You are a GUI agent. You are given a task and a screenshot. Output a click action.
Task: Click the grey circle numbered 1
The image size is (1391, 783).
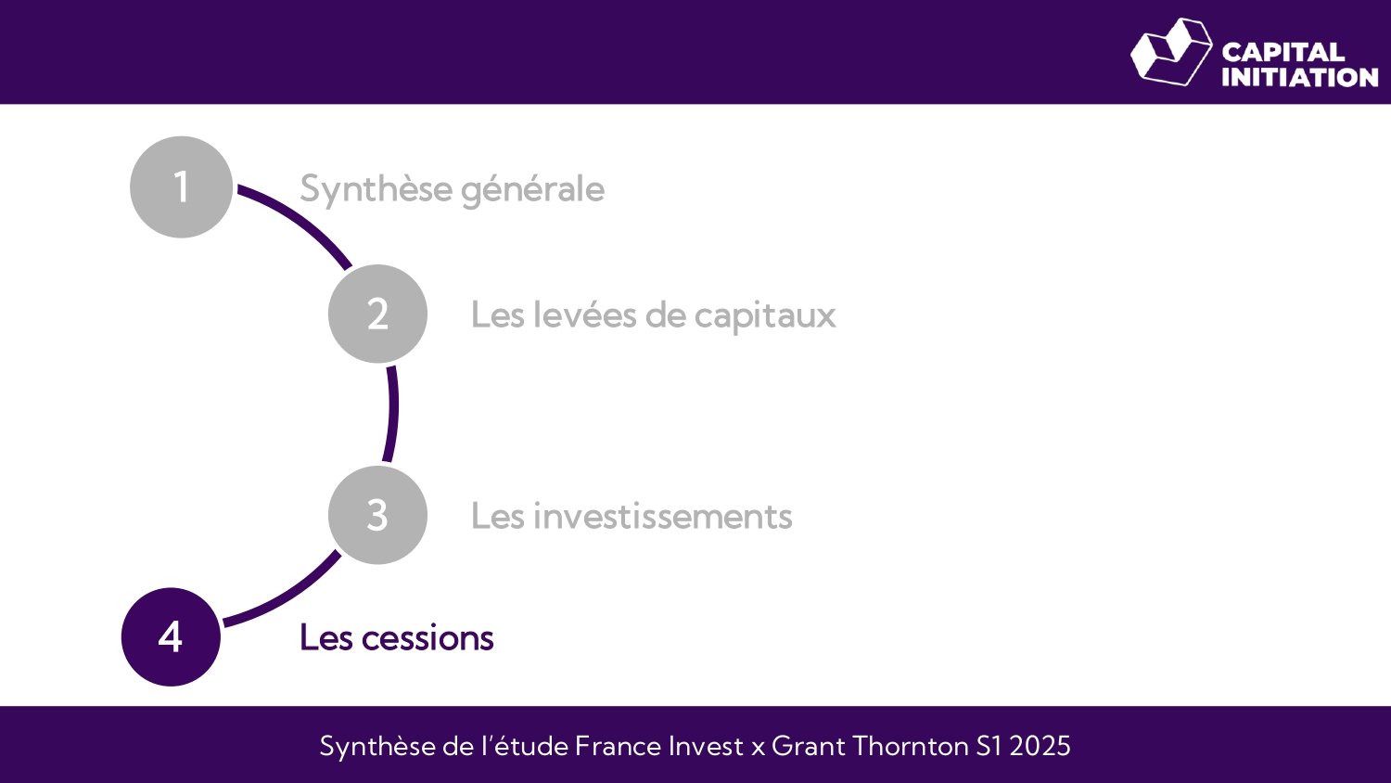point(181,187)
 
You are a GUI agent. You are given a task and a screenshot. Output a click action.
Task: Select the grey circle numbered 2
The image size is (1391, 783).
point(377,314)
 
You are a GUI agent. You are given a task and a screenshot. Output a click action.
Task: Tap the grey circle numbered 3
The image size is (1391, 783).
point(377,515)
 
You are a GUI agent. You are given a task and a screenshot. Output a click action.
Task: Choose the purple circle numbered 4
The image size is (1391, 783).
point(172,637)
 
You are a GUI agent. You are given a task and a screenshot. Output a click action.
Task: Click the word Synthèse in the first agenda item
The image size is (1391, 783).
point(376,189)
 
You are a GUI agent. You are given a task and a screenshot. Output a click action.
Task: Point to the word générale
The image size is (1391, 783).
point(532,190)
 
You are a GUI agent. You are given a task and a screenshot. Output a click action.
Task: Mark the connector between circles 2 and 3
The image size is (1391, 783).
point(392,414)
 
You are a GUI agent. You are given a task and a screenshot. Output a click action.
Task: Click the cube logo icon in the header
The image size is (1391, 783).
point(1170,52)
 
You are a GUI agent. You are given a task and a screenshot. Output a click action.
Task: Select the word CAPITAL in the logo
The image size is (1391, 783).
point(1283,52)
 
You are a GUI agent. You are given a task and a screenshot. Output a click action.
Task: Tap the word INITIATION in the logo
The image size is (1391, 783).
point(1299,77)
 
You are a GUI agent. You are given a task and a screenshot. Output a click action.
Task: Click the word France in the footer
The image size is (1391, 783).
point(612,746)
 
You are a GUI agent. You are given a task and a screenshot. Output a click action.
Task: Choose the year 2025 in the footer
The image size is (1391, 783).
point(1040,746)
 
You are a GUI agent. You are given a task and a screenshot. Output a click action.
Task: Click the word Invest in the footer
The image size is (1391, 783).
point(706,746)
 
